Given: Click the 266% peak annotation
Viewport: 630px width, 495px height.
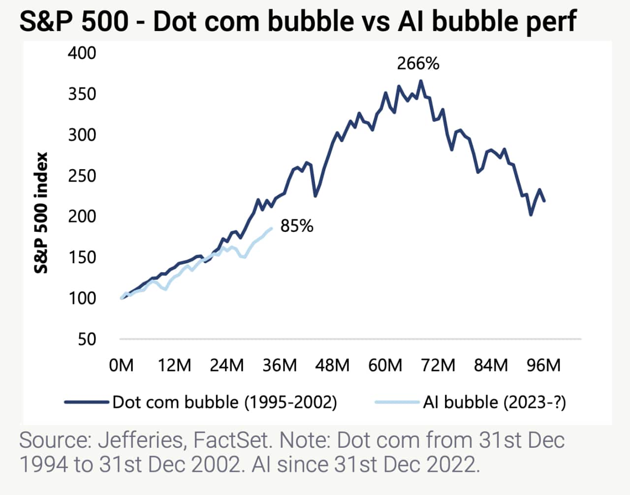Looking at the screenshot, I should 418,64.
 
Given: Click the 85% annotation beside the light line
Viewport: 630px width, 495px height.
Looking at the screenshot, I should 297,226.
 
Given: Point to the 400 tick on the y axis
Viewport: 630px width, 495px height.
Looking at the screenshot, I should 82,53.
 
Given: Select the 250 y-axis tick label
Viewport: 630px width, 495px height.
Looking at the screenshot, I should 82,175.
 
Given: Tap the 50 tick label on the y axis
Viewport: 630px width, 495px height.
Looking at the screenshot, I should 87,339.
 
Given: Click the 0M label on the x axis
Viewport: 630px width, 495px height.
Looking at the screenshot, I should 121,365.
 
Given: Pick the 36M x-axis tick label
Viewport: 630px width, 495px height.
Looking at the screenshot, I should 280,365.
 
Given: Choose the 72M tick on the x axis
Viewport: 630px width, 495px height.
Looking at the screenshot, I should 438,365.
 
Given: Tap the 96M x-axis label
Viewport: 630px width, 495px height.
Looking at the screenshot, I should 543,365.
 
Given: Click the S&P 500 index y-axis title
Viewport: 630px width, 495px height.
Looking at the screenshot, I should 41,213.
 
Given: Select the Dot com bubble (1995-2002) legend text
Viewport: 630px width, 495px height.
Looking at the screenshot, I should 224,402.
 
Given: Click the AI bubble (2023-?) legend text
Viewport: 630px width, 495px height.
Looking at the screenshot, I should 494,402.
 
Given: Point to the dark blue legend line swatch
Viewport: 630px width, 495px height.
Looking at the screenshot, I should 86,402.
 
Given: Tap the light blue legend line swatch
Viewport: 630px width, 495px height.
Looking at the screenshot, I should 397,402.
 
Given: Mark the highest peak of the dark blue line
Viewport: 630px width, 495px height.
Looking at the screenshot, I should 421,81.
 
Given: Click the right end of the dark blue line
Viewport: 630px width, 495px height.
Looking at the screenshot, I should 544,200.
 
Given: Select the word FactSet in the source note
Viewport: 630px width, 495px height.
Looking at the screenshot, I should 232,440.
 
